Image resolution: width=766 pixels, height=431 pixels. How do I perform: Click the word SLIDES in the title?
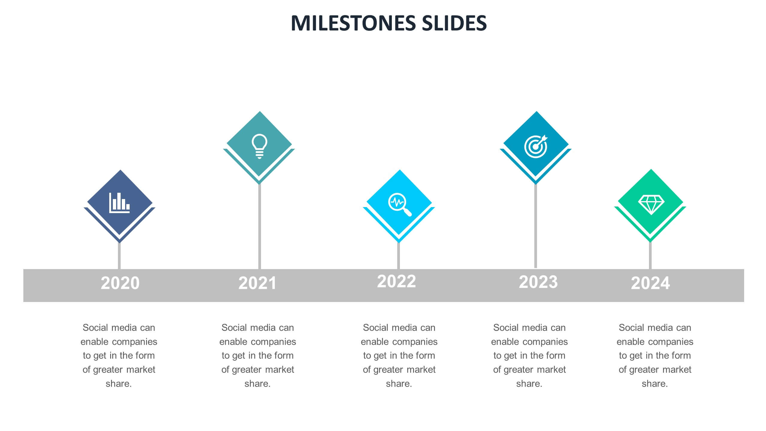coord(454,23)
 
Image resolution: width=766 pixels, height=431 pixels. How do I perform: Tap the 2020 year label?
coord(120,283)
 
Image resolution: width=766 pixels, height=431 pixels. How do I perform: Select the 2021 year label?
coord(257,283)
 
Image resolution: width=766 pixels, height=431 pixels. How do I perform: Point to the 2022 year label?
coord(396,281)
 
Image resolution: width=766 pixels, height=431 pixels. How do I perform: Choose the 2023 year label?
coord(538,282)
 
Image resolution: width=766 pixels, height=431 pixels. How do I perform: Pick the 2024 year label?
coord(650,283)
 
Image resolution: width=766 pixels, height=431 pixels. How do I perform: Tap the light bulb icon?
coord(259,146)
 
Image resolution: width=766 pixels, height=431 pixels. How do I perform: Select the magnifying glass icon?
coord(399,205)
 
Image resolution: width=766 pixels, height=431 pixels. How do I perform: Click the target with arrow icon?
coord(536,146)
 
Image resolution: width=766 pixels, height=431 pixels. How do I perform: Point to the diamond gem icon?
coord(651,205)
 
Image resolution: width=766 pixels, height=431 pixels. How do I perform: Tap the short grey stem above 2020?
coord(119,256)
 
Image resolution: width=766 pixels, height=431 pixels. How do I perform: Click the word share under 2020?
coord(118,384)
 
